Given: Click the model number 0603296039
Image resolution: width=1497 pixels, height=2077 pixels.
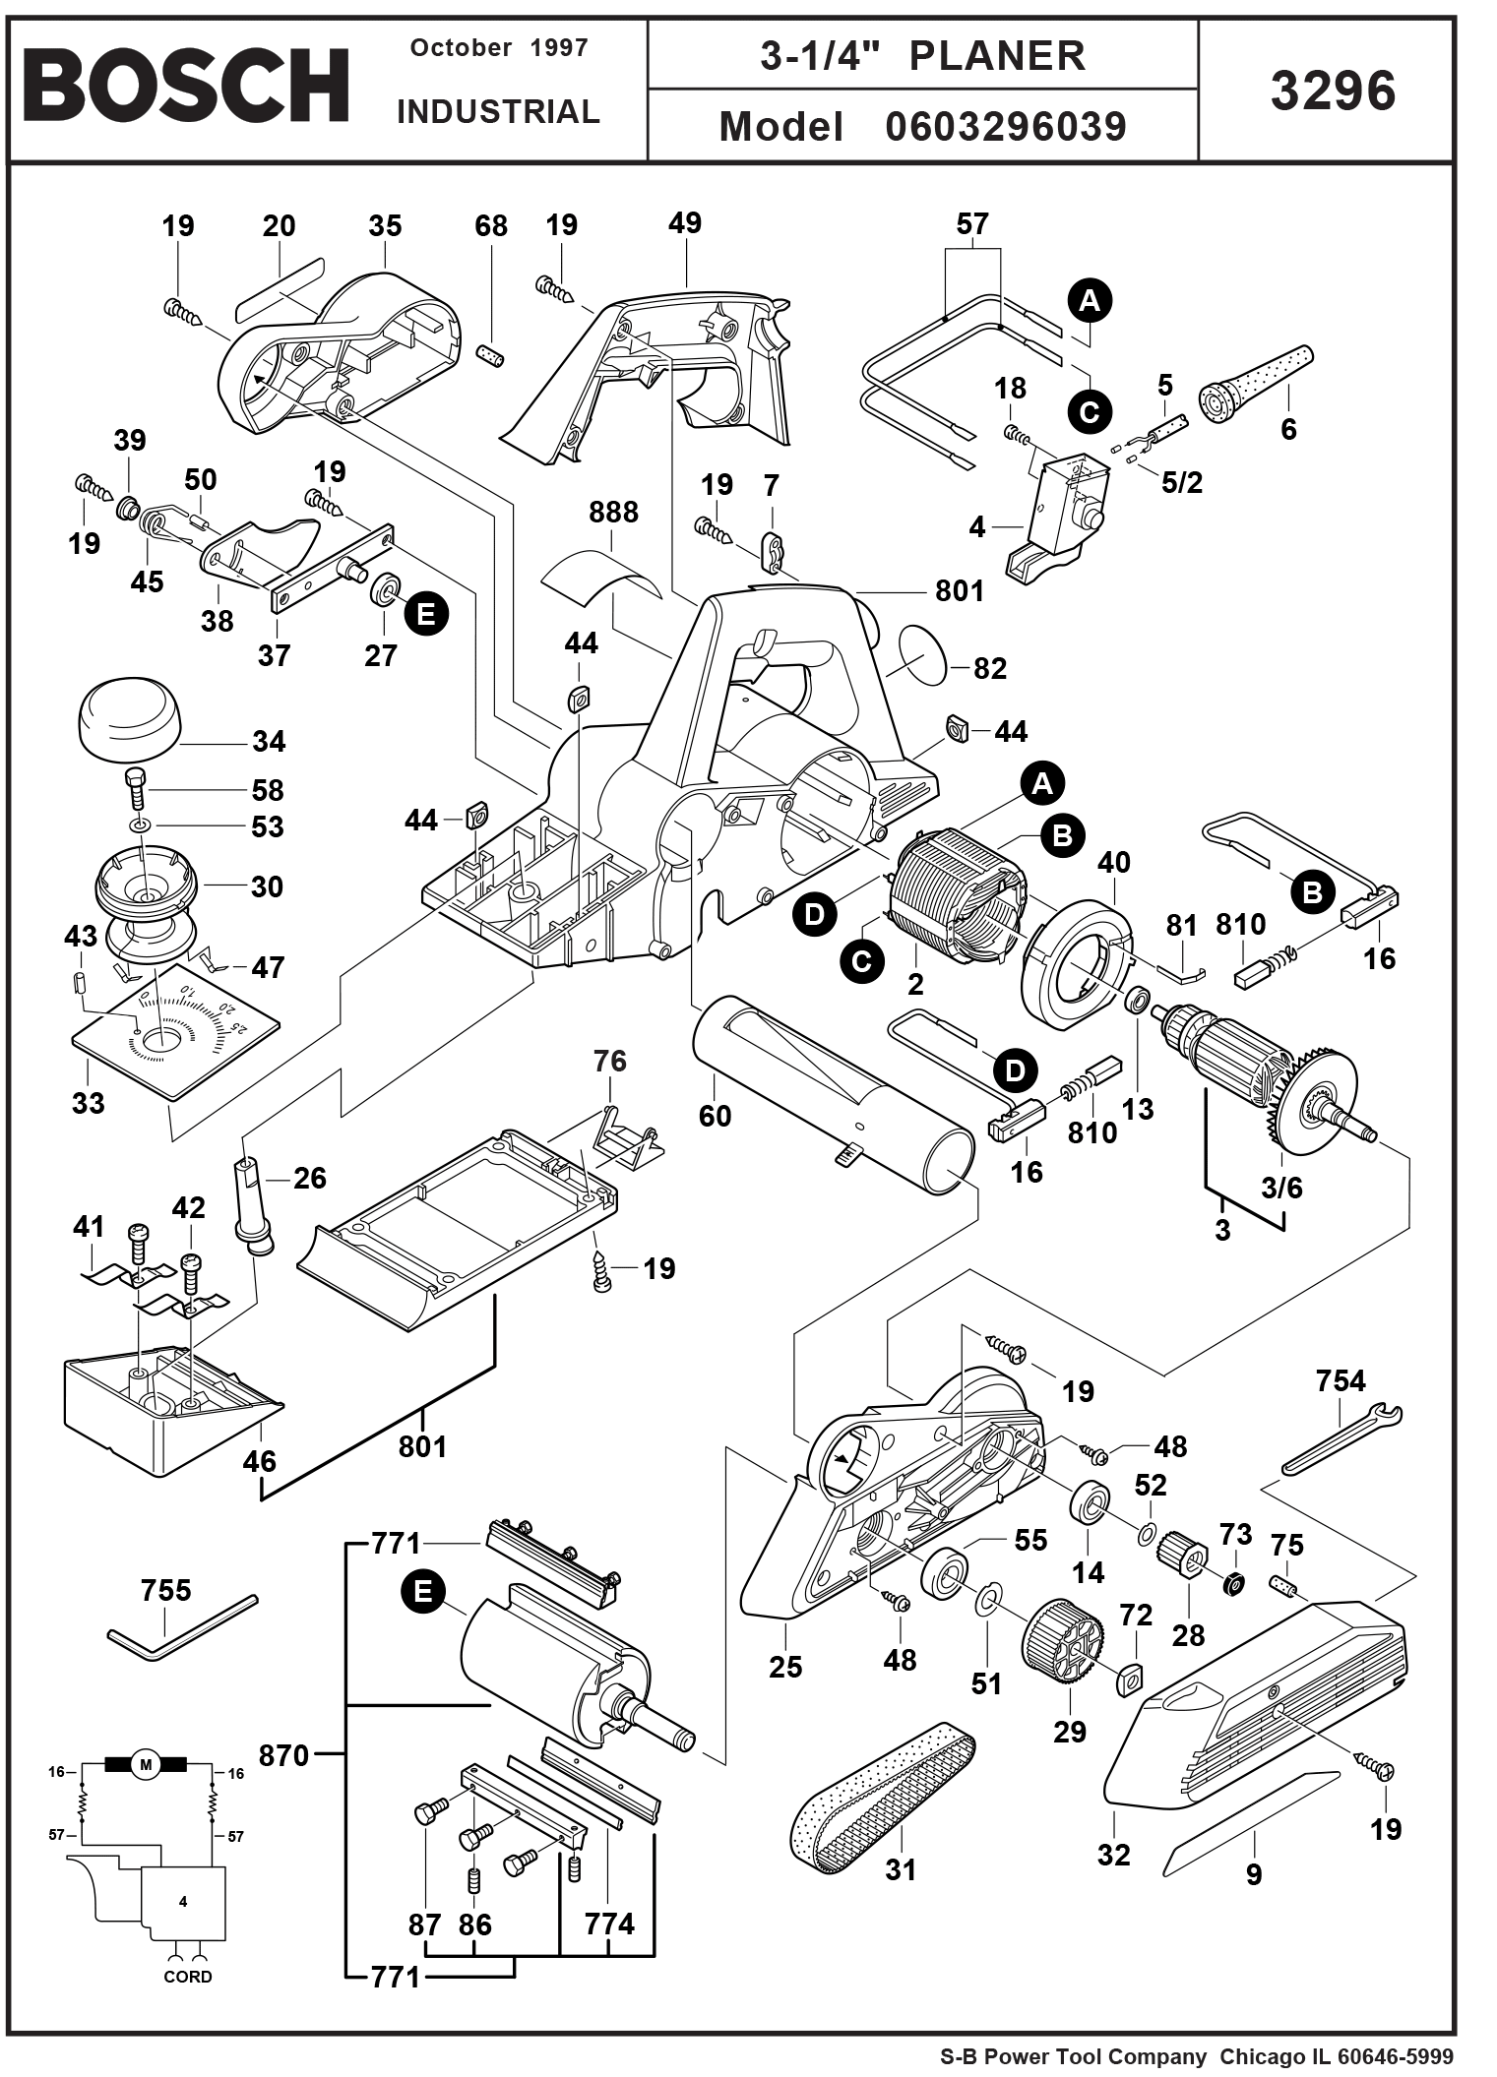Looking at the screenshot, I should point(1005,127).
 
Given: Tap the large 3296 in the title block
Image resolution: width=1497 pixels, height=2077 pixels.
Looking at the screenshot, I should point(1333,92).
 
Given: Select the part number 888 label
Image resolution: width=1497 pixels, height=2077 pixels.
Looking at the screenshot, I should point(613,513).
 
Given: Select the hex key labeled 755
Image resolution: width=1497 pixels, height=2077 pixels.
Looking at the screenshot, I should point(181,1631).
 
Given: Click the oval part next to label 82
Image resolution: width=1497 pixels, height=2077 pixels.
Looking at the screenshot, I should point(923,653).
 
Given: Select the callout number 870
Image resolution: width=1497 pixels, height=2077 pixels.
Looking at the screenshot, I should point(283,1755).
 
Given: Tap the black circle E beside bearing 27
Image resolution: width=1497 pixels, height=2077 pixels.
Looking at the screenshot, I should point(425,614).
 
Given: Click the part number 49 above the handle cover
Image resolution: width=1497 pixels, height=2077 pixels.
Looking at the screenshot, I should point(685,223).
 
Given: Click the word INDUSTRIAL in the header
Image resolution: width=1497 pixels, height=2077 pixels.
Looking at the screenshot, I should point(498,112).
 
